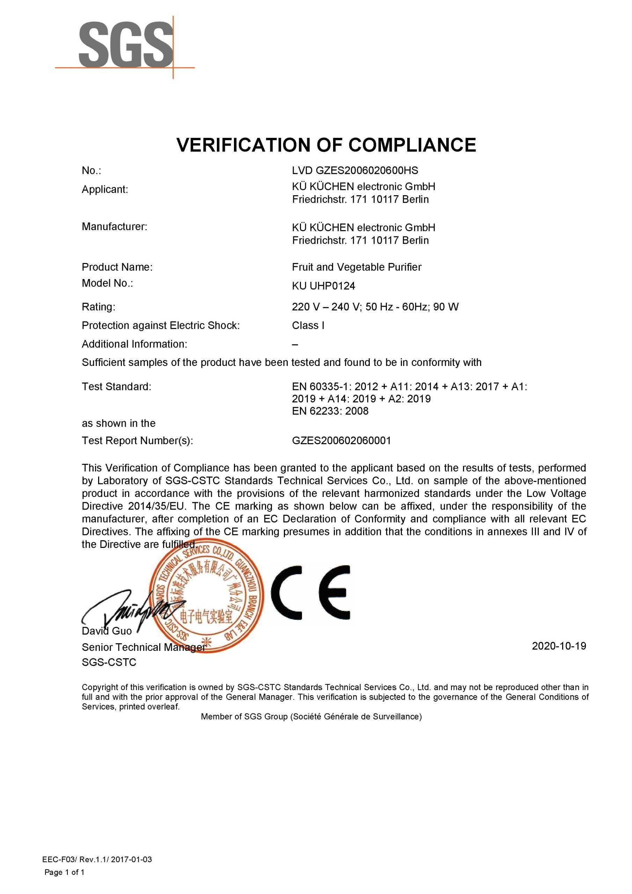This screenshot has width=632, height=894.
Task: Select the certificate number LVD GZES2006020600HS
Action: click(355, 170)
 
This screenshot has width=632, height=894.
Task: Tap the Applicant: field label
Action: click(105, 190)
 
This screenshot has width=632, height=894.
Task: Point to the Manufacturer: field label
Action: click(115, 227)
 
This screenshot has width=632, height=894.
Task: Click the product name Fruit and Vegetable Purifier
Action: click(356, 267)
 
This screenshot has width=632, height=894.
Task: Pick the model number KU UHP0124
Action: click(323, 286)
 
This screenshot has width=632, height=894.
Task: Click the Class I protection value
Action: click(308, 325)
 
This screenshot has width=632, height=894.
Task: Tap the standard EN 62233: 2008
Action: click(330, 411)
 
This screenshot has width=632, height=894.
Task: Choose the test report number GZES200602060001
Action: click(341, 441)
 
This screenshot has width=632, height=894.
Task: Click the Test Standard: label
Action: click(116, 387)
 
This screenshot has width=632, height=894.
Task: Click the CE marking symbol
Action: click(310, 592)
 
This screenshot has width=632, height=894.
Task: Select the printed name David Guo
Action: click(107, 631)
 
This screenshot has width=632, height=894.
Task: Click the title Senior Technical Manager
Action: click(143, 647)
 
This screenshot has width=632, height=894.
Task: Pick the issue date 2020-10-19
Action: click(559, 646)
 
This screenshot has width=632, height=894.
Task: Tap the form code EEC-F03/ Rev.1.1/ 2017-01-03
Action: click(97, 859)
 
